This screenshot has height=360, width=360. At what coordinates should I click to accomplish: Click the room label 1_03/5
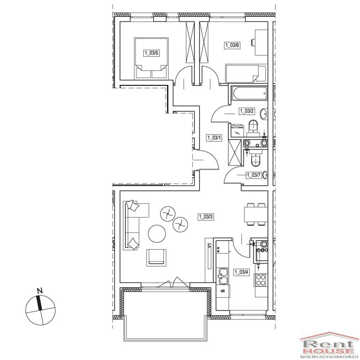click(x=151, y=53)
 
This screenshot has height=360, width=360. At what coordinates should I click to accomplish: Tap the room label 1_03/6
click(x=232, y=45)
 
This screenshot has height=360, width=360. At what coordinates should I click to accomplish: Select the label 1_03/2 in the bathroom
click(x=247, y=111)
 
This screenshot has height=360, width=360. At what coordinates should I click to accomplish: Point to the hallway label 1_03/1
click(x=214, y=138)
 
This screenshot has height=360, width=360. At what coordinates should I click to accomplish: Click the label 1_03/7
click(x=254, y=175)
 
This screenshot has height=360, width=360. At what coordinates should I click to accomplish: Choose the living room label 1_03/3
click(x=206, y=217)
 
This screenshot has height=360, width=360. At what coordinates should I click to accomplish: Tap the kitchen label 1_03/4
click(x=241, y=272)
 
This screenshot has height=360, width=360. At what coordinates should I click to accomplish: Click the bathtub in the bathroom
click(x=249, y=93)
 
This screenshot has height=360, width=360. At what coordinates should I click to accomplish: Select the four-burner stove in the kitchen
click(x=261, y=280)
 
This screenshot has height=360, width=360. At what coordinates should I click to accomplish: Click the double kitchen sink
click(x=223, y=277)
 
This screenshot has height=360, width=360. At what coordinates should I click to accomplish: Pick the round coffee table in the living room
click(x=157, y=234)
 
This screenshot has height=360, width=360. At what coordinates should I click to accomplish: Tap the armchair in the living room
click(x=156, y=257)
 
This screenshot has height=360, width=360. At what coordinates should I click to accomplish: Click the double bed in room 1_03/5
click(x=151, y=58)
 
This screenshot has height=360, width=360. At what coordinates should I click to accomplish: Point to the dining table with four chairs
click(x=256, y=214)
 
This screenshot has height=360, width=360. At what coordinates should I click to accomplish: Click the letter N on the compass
click(x=40, y=291)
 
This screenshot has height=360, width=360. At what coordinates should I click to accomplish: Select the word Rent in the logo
click(x=328, y=344)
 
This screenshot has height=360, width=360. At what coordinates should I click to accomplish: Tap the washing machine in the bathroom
click(x=237, y=130)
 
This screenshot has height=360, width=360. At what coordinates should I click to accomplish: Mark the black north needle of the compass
click(x=39, y=303)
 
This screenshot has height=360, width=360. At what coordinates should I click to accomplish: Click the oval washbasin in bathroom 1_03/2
click(x=263, y=114)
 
